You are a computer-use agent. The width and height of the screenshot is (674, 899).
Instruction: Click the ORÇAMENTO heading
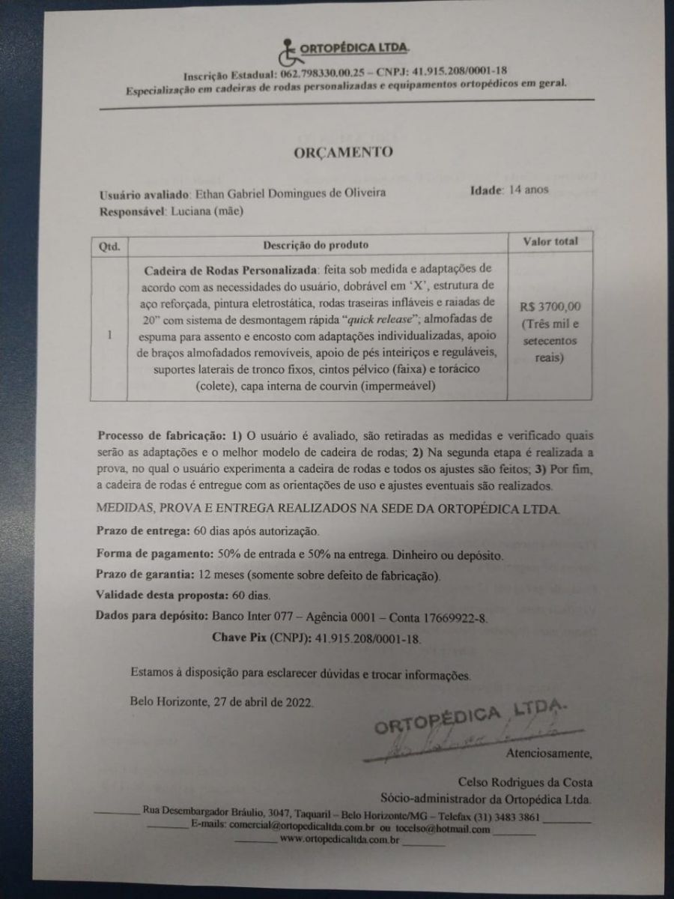tap(342, 152)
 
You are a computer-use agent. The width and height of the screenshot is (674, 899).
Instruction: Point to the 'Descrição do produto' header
tap(315, 244)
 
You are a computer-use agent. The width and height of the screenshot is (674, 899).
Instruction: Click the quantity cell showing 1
tap(109, 335)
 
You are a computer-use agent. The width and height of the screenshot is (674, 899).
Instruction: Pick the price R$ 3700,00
tap(549, 306)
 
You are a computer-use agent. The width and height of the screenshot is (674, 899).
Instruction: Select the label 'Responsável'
tap(132, 212)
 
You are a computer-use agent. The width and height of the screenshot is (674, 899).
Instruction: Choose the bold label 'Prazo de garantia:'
tap(146, 575)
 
